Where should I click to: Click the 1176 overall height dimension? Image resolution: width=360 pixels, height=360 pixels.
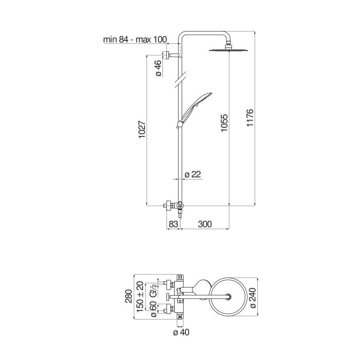click(x=250, y=117)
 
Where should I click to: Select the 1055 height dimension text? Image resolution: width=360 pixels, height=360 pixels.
click(x=224, y=123)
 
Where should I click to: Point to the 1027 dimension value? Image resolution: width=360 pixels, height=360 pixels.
click(x=142, y=130)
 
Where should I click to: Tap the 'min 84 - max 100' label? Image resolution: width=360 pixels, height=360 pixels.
click(x=135, y=40)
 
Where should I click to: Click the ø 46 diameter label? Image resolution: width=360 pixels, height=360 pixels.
click(x=159, y=68)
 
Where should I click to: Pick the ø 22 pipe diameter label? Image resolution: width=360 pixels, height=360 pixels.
click(x=193, y=175)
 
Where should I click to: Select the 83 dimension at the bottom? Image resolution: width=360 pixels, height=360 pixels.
click(x=173, y=224)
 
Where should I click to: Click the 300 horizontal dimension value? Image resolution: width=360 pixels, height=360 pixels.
click(x=205, y=224)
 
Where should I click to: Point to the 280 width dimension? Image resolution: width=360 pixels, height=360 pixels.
click(x=129, y=296)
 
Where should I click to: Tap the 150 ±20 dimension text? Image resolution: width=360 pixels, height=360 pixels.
click(x=140, y=297)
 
